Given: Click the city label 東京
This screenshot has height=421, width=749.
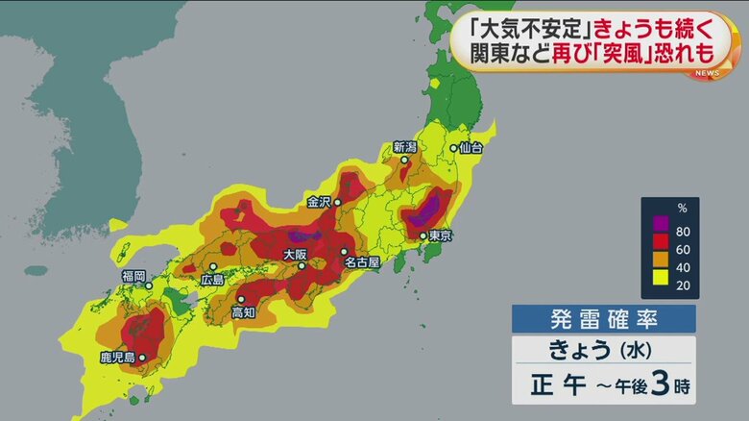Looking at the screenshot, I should (441, 235).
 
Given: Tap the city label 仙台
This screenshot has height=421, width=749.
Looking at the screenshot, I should (470, 149).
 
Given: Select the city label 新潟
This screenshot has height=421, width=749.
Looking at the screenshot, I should (405, 147).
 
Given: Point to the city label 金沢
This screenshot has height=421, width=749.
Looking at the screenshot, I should (318, 202).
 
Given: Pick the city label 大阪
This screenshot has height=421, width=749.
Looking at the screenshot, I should (296, 255).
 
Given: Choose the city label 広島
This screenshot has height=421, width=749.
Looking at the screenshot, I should (212, 279).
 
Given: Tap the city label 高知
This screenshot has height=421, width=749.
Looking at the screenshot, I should (243, 312).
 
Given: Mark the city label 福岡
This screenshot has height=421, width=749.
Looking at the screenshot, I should (133, 276).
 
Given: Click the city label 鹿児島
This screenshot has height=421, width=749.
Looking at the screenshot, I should (118, 358).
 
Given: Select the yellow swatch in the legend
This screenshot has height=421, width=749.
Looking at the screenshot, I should (660, 285).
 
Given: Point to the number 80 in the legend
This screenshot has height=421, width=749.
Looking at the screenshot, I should (684, 231).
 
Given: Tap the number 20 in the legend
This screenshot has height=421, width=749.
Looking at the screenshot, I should (684, 285).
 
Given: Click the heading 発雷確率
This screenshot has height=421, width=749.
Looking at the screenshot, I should (603, 319).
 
